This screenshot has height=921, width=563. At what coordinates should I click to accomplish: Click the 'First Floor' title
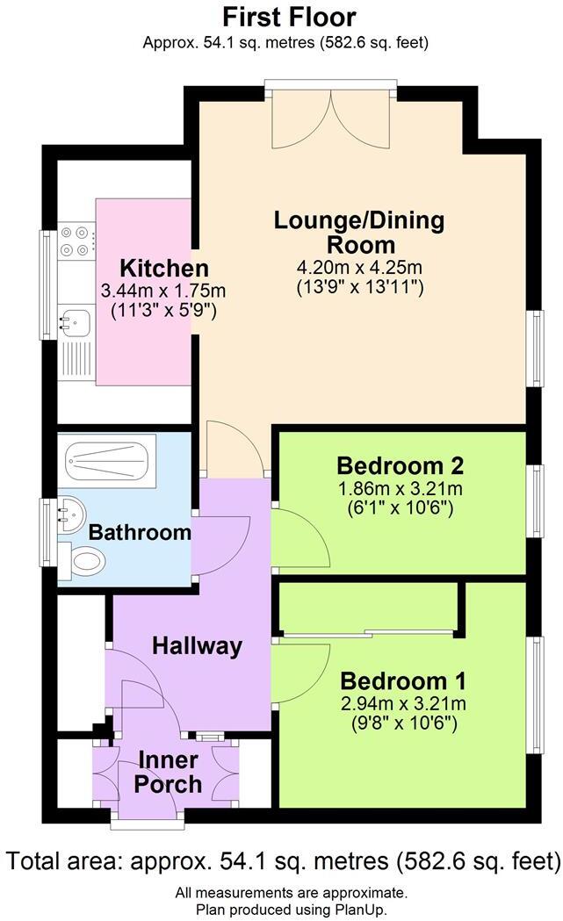point(289,17)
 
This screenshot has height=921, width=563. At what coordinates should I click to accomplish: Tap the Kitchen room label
point(164,268)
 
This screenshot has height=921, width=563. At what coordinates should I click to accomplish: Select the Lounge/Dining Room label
point(359,232)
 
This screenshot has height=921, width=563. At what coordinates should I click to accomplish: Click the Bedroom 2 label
point(400,464)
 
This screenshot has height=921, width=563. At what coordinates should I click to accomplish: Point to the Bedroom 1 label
point(403,680)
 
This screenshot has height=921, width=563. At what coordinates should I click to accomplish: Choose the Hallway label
point(197,646)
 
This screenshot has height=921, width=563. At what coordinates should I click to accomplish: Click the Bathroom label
point(140,531)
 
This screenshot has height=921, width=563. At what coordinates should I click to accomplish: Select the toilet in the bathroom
point(84,560)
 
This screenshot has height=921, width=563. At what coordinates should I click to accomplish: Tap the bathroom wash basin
point(71,513)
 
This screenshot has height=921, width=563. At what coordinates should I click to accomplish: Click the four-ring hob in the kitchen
point(76,241)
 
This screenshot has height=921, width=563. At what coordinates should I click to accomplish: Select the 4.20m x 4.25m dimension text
point(360,267)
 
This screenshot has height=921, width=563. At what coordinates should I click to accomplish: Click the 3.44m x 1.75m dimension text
point(164,291)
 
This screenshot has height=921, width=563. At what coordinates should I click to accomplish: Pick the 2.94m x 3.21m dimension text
point(403,703)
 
